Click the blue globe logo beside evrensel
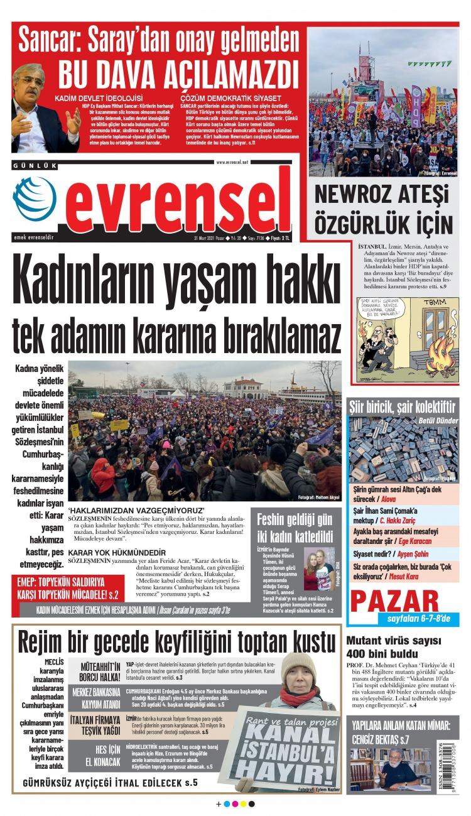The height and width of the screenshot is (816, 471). (x=34, y=198)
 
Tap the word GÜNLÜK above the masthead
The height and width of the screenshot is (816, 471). (x=35, y=166)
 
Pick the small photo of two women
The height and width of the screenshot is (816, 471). (x=319, y=568)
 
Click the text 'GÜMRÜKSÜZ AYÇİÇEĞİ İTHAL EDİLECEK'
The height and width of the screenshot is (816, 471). (x=110, y=783)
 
